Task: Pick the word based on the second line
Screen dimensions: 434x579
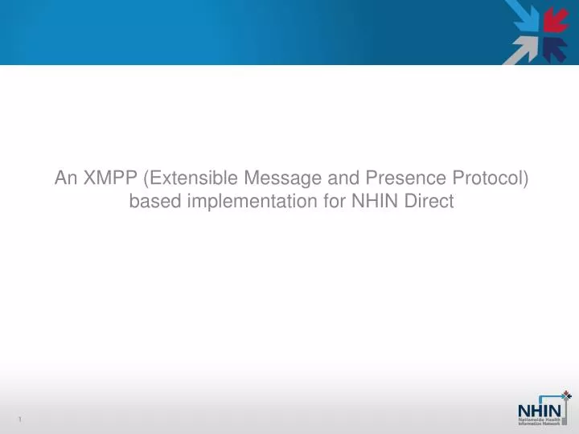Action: pyautogui.click(x=154, y=202)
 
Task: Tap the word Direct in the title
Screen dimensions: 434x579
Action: pyautogui.click(x=429, y=202)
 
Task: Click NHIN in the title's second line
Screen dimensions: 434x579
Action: pyautogui.click(x=375, y=202)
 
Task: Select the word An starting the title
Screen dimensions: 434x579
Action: pyautogui.click(x=65, y=178)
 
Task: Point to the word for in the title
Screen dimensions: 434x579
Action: pyautogui.click(x=335, y=202)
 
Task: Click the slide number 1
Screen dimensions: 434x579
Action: pyautogui.click(x=18, y=420)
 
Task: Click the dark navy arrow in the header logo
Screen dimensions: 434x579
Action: pyautogui.click(x=555, y=48)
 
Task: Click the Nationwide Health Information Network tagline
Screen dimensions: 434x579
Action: pyautogui.click(x=543, y=420)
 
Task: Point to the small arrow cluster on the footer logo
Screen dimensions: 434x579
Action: pyautogui.click(x=566, y=395)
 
